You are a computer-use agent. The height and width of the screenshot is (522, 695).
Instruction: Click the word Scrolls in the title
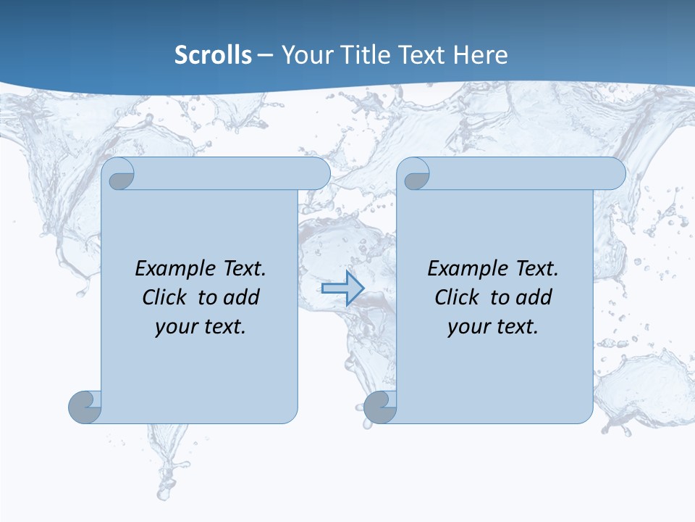tap(213, 55)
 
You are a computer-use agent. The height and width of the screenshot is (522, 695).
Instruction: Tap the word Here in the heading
tap(480, 55)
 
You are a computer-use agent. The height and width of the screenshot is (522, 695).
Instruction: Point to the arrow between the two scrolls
tap(342, 289)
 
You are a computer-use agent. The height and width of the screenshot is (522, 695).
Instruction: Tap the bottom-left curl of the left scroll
tap(85, 407)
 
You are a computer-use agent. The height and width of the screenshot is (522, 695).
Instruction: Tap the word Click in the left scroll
tap(165, 297)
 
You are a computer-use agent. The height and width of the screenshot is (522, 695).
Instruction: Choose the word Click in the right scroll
tap(458, 297)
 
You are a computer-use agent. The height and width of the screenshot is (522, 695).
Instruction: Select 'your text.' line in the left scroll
tap(201, 327)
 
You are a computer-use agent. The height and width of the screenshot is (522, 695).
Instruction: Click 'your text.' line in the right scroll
tap(493, 327)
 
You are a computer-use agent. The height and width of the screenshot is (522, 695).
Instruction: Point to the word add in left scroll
tap(242, 297)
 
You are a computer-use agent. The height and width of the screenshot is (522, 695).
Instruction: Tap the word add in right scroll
tap(534, 297)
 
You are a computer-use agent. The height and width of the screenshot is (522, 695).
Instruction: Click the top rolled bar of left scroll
tap(232, 174)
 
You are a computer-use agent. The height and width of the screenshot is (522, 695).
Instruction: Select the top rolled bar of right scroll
tap(527, 174)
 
